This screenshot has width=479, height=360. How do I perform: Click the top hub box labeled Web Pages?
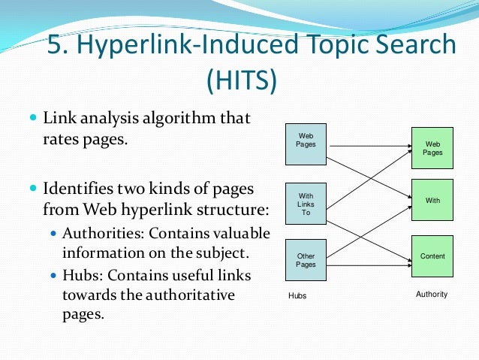point(306,143)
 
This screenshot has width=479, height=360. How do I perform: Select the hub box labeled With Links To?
point(306,203)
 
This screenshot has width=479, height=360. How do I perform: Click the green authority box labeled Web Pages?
point(432,148)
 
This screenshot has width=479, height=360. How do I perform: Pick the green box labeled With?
point(432,200)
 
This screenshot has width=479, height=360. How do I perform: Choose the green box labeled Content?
point(432,256)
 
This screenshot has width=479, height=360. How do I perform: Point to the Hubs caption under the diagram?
point(297,296)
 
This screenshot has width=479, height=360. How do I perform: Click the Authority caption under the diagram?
point(431,295)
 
